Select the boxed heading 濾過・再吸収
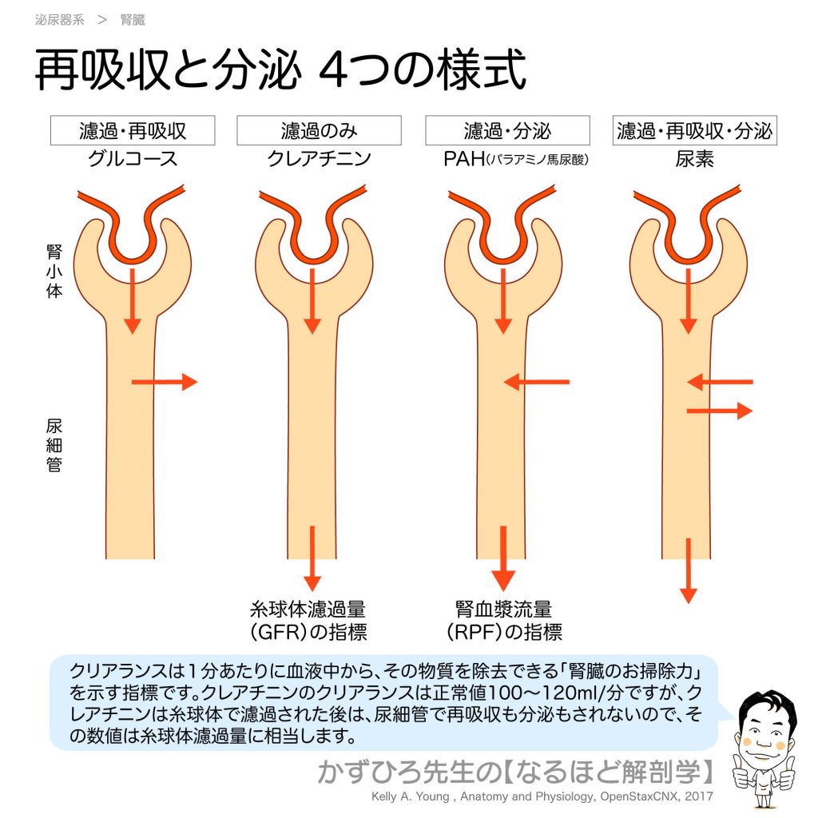[x=133, y=130]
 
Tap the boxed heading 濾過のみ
[x=319, y=130]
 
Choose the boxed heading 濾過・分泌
[x=507, y=130]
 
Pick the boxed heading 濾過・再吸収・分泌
[x=694, y=130]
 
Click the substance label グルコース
[x=133, y=159]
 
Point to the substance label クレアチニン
[x=319, y=159]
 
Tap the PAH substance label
[x=516, y=159]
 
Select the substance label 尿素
[x=694, y=159]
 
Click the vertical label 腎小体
[x=54, y=272]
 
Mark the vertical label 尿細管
[x=54, y=446]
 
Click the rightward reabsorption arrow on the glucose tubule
[x=165, y=382]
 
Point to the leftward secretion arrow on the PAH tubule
[x=536, y=382]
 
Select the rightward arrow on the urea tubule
[x=720, y=411]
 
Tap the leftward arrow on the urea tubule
[x=720, y=382]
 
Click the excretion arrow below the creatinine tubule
[x=312, y=558]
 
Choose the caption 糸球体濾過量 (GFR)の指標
[x=308, y=621]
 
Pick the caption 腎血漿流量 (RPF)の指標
[x=504, y=621]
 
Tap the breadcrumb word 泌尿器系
[x=59, y=20]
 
